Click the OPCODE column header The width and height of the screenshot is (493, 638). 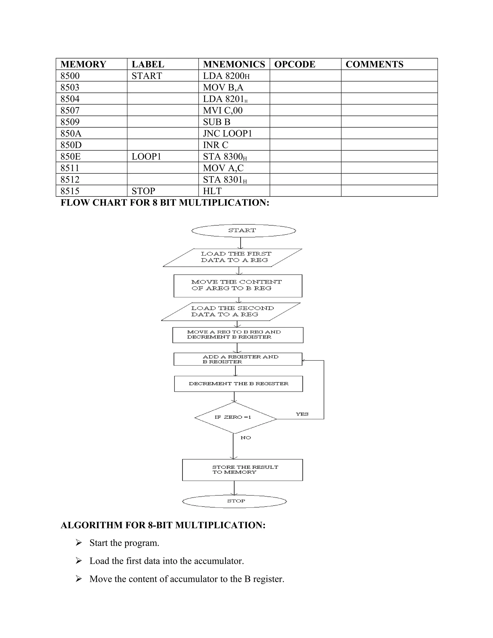tap(295, 64)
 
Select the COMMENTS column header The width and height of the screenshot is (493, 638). tap(374, 64)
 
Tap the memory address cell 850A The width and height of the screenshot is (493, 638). tap(71, 134)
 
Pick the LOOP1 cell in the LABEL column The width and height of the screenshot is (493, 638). tap(146, 156)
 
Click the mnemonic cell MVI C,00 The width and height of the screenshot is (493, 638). tap(223, 111)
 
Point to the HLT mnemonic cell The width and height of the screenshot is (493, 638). tap(212, 191)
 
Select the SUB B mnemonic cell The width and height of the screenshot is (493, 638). tap(217, 122)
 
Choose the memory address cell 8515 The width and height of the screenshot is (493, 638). tap(70, 191)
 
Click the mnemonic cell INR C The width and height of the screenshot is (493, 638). tap(215, 145)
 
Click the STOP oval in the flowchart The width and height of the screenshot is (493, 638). tap(234, 501)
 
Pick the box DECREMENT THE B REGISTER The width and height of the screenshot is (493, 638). tap(238, 384)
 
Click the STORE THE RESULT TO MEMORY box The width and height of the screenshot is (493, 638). tap(242, 470)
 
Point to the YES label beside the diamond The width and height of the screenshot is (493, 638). tap(302, 414)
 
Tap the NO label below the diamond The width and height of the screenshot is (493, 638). tap(246, 438)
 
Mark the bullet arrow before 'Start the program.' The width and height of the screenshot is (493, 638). tap(78, 543)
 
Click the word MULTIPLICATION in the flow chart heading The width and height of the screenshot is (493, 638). tap(224, 202)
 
